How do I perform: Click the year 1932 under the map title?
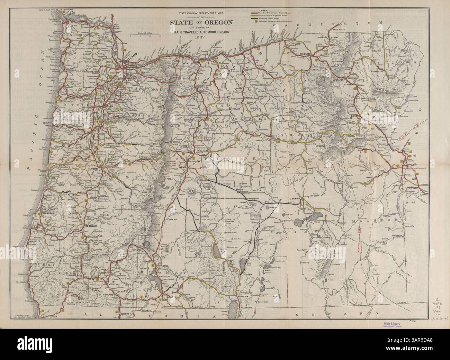click(200, 37)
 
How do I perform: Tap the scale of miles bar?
click(145, 35)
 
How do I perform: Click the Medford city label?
click(115, 284)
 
